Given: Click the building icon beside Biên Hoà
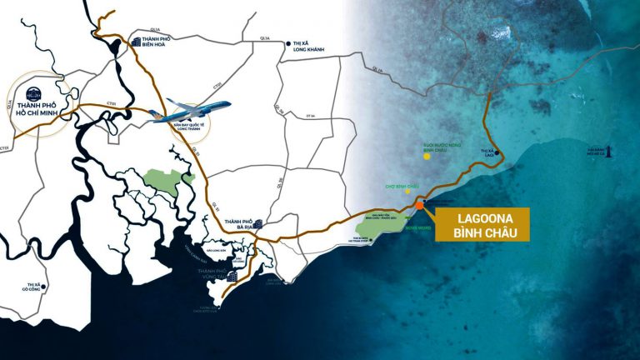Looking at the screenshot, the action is [135, 44].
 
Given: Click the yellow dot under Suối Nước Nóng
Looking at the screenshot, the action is [427, 156].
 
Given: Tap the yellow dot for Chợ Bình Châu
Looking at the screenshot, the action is [408, 191].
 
